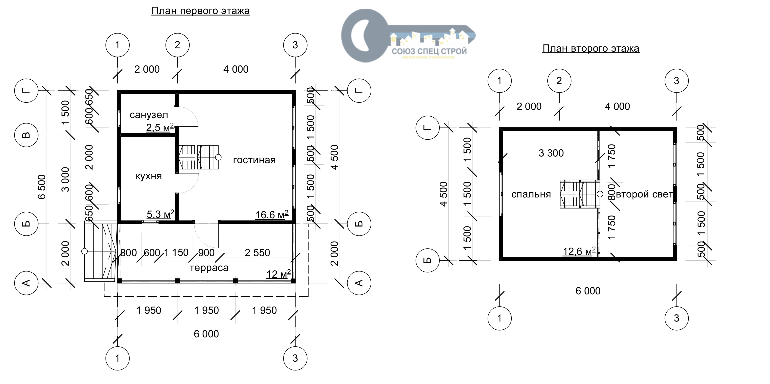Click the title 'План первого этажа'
click(x=200, y=11)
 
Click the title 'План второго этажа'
click(x=591, y=48)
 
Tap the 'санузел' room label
click(x=149, y=115)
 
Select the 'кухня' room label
click(x=149, y=176)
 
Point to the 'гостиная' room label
click(x=254, y=160)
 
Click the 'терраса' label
click(x=209, y=268)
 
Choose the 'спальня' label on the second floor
click(x=531, y=194)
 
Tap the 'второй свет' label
click(x=644, y=194)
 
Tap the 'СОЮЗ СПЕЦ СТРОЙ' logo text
click(x=429, y=51)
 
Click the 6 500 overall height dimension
click(x=42, y=187)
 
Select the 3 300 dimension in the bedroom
click(x=551, y=153)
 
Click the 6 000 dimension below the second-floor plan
click(x=588, y=291)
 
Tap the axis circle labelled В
click(x=26, y=135)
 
